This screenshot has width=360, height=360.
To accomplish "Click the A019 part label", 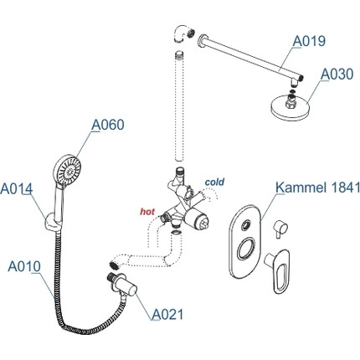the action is coord(309,41).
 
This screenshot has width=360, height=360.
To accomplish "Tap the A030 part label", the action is coord(337,75).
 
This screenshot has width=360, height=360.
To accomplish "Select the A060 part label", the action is coord(108,125).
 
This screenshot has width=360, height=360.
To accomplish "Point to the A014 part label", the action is coord(17,189).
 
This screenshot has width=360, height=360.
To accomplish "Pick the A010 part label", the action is coord(24,266).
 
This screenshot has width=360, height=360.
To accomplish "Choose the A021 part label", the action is coord(167,315).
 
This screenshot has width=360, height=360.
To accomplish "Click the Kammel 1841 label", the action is coord(318,188).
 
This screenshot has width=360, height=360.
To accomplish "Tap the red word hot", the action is coord(147,212).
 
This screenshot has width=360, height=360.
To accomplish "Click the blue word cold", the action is coord(214,182).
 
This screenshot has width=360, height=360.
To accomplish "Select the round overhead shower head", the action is coord(291,108).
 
